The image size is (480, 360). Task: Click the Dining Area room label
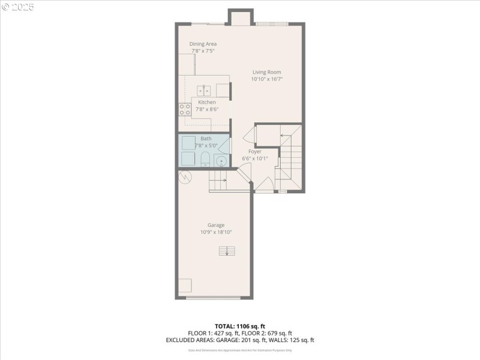pyautogui.click(x=203, y=44)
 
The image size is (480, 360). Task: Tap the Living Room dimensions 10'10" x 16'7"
pyautogui.click(x=266, y=79)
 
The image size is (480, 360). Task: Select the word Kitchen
pyautogui.click(x=207, y=102)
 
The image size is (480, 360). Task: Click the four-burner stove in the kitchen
pyautogui.click(x=185, y=110)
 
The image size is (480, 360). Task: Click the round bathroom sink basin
pyautogui.click(x=221, y=161)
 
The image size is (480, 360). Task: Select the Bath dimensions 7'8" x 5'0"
pyautogui.click(x=205, y=145)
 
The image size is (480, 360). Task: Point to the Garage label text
pyautogui.click(x=216, y=225)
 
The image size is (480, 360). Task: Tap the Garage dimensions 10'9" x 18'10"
pyautogui.click(x=216, y=232)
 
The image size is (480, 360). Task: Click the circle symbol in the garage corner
pyautogui.click(x=186, y=177)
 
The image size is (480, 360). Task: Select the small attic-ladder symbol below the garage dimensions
pyautogui.click(x=227, y=251)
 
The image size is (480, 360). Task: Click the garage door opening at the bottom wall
pyautogui.click(x=214, y=297)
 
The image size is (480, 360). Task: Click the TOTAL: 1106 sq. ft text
pyautogui.click(x=239, y=326)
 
